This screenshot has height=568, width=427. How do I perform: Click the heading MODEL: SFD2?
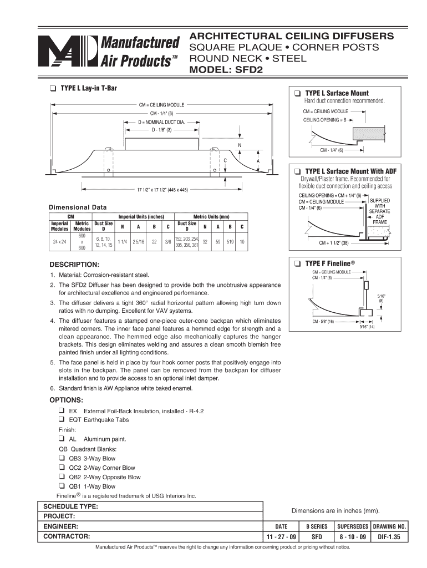tap(226, 70)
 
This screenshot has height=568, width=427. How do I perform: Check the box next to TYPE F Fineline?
tap(298, 262)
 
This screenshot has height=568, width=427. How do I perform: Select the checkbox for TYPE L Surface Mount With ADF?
tap(298, 171)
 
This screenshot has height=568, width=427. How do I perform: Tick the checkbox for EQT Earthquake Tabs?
tap(62, 420)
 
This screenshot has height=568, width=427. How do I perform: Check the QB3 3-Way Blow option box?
tap(62, 458)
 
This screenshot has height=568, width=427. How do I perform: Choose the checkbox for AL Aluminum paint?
tap(62, 439)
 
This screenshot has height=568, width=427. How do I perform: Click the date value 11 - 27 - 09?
tap(281, 537)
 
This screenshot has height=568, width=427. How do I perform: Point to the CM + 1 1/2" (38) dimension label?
tap(333, 243)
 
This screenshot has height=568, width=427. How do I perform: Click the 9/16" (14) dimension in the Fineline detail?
tap(367, 327)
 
